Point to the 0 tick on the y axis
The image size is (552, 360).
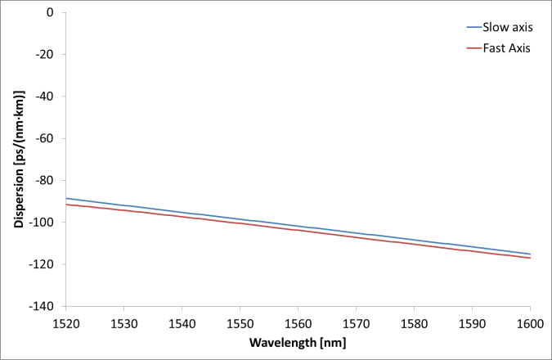50,13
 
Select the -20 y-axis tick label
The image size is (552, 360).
45,55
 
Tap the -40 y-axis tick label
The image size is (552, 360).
45,97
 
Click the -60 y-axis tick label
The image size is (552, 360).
45,138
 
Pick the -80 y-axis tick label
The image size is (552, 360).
45,180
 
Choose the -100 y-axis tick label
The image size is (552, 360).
43,222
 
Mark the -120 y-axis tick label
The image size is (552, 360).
43,263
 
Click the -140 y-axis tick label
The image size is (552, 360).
43,305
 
